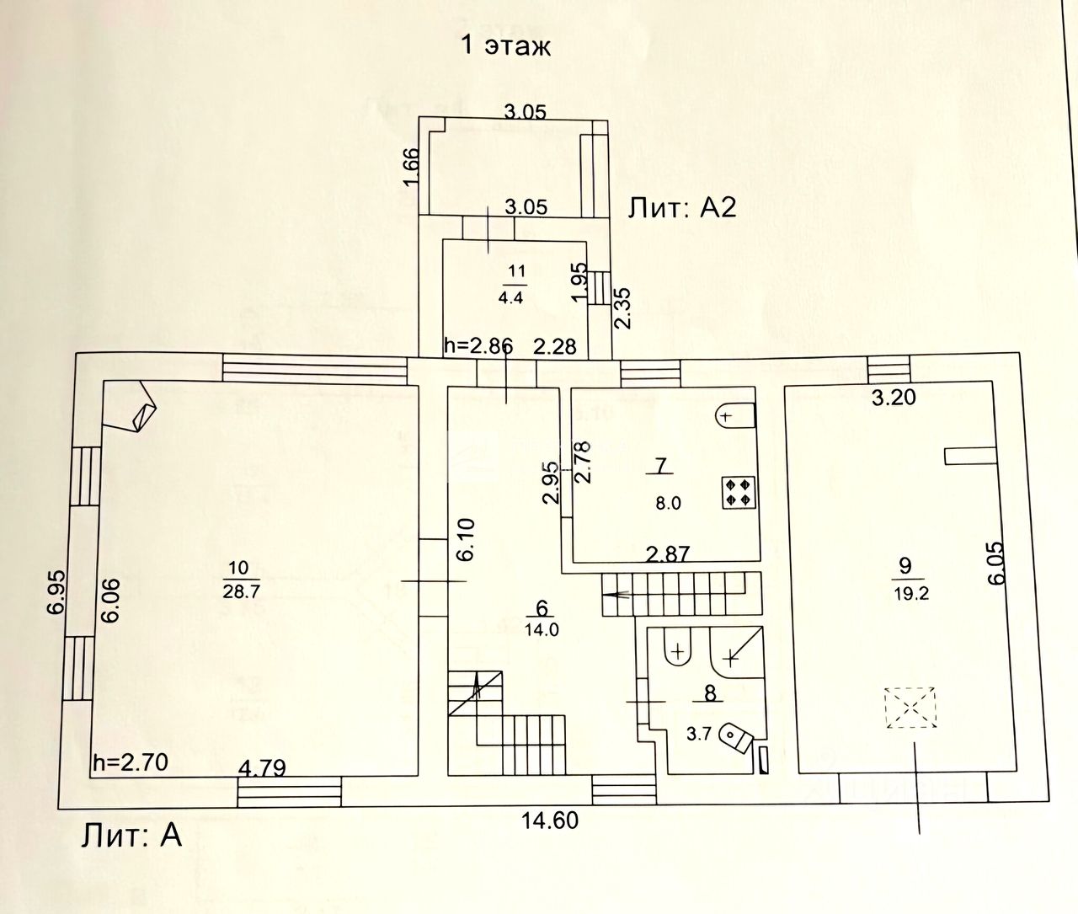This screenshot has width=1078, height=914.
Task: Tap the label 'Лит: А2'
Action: [682, 207]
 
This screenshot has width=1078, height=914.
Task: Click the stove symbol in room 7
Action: [739, 492]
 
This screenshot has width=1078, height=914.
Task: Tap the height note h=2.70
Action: [131, 762]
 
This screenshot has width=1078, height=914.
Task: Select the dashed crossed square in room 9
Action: [910, 707]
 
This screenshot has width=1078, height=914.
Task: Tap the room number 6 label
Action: [542, 609]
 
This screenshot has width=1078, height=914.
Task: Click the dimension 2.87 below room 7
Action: [667, 553]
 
